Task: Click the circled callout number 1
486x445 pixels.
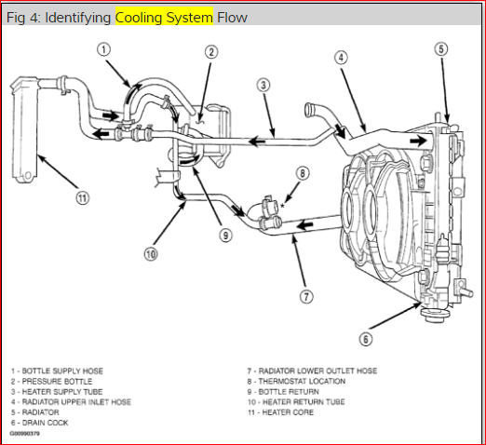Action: coord(103,49)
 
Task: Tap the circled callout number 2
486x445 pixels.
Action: coord(211,52)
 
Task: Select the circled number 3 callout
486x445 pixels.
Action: coord(263,85)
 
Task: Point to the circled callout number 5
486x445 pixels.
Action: coord(441,49)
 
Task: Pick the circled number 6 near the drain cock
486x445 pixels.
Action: coord(366,339)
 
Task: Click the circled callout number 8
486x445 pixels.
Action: coord(303,173)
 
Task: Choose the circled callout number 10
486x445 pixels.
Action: coord(151,254)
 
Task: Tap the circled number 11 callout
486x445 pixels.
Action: coord(83,198)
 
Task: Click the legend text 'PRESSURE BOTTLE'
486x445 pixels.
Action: coord(57,382)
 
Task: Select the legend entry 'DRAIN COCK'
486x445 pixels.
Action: coord(45,423)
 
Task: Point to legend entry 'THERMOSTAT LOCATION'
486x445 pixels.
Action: coord(302,381)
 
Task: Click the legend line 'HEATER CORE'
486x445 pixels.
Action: coord(288,412)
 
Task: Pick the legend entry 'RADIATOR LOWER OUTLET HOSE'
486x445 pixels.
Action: coord(317,371)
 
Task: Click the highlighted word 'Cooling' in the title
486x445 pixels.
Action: coord(139,18)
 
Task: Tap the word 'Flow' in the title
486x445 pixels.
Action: coord(232,18)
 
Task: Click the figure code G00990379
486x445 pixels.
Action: coord(25,433)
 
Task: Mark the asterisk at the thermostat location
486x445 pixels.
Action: coord(282,206)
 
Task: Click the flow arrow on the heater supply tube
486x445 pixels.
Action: coord(256,142)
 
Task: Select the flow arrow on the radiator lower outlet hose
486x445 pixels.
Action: coord(304,224)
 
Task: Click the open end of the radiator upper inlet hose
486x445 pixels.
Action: coord(309,110)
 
